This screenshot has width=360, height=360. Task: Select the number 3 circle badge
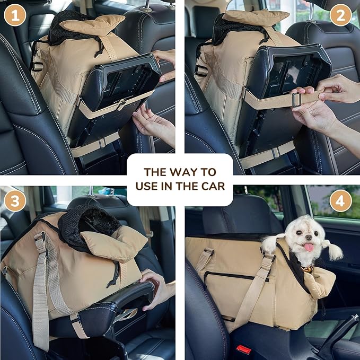pos(15,201)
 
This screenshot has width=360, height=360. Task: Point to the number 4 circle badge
pos(340,201)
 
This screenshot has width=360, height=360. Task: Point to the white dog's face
pos(305,236)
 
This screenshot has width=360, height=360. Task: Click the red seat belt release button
pos(244,349)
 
